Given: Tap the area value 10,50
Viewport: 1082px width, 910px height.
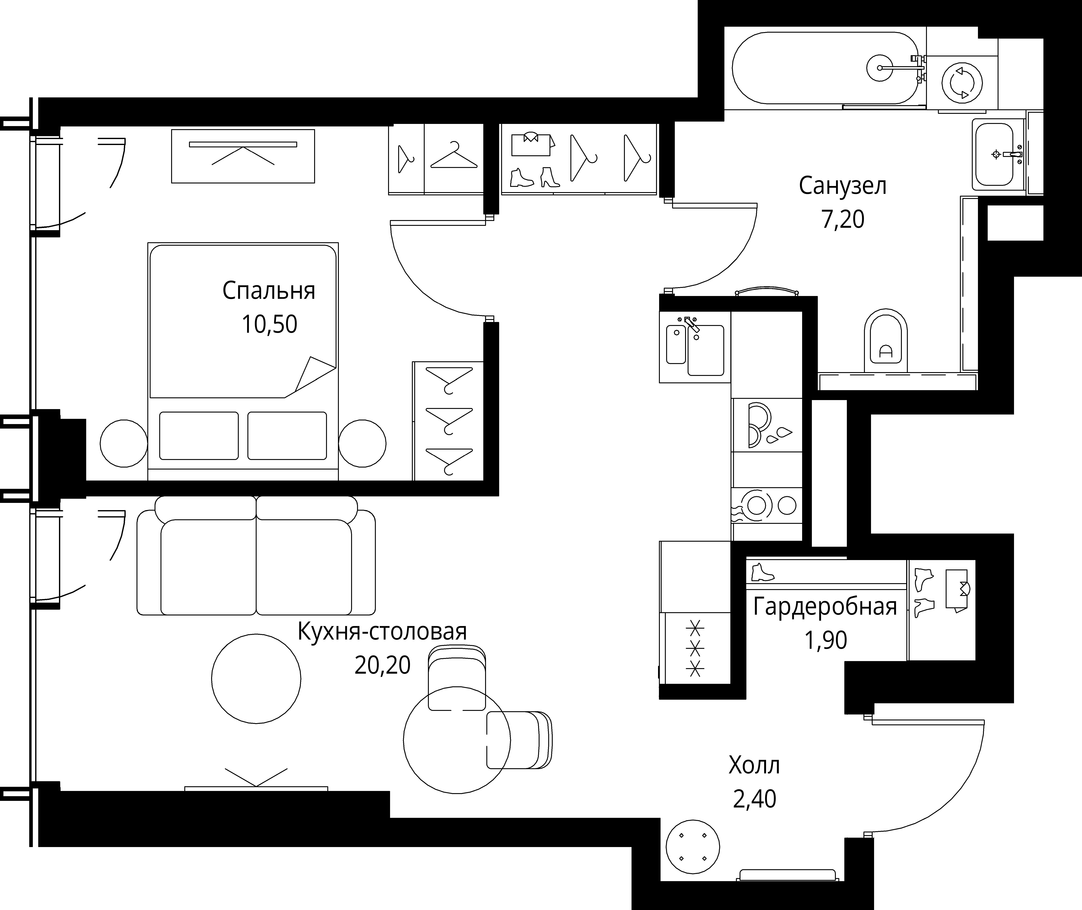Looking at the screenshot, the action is (269, 324).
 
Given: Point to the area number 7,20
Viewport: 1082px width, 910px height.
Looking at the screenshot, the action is (843, 219).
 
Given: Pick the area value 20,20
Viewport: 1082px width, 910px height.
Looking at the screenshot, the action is (382, 665).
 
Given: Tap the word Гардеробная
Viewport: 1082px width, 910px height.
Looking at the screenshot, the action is (825, 607).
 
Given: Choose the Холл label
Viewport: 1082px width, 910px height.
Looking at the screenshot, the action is (754, 766).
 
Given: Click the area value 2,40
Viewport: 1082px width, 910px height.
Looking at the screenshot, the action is (754, 799).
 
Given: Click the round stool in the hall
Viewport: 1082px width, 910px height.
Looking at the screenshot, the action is (693, 847).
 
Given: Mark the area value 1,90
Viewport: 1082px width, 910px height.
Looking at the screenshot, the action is (826, 640).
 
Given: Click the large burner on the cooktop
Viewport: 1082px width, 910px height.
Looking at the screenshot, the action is (756, 506).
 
